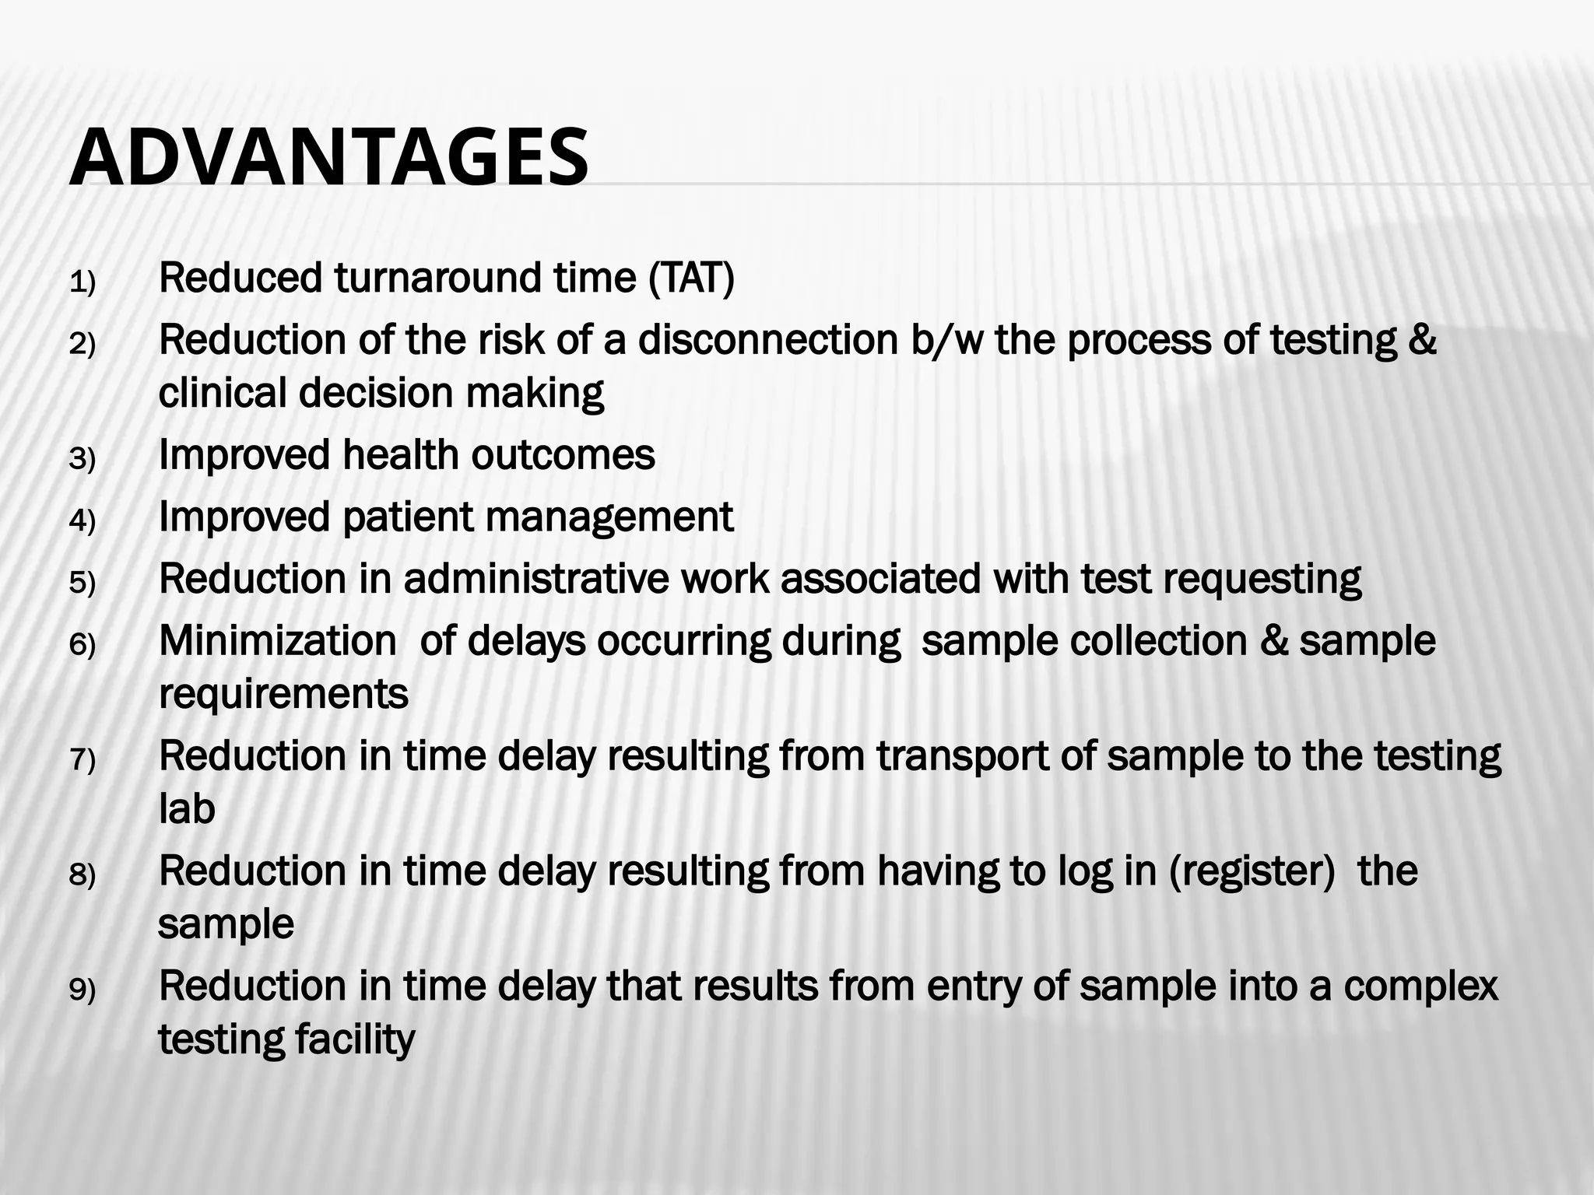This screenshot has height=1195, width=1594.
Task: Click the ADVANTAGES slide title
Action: (328, 158)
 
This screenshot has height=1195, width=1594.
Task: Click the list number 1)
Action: (82, 283)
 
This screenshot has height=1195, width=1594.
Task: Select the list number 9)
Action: (82, 991)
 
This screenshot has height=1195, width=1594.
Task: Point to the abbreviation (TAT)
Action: (691, 279)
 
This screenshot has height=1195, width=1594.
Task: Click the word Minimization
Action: (278, 642)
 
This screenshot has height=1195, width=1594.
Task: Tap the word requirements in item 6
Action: (283, 695)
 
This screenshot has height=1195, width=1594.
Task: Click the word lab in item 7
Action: (187, 810)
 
